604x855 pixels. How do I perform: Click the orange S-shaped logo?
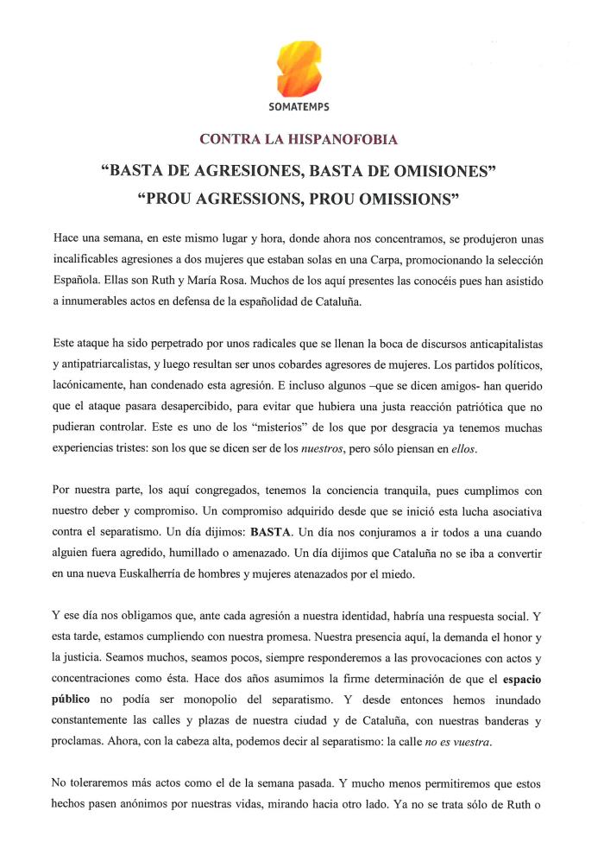click(299, 68)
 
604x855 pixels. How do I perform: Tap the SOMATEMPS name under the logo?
click(299, 107)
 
